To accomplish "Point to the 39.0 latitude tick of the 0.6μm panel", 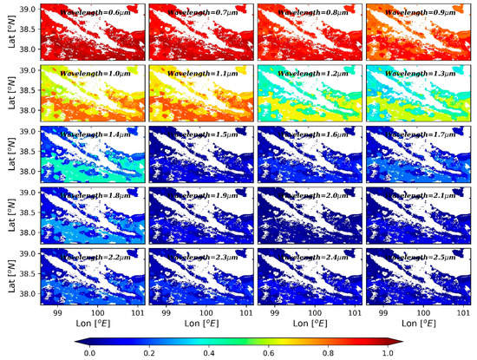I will tap(29, 9).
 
